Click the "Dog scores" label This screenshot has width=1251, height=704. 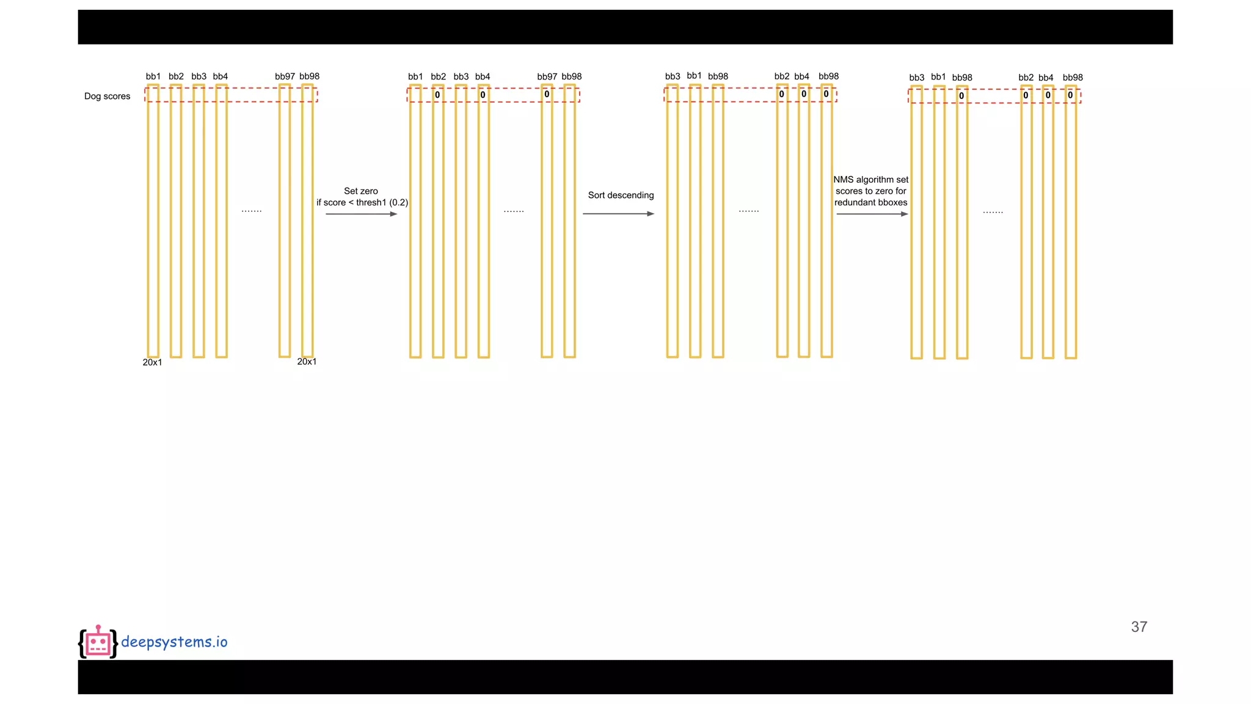[x=107, y=96]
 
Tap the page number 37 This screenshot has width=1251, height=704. [x=1139, y=626]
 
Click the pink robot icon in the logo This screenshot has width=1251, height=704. [x=98, y=642]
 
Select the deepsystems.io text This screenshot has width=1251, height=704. [x=174, y=642]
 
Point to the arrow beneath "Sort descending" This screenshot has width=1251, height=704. [x=618, y=214]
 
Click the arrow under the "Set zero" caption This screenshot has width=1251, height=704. [x=361, y=214]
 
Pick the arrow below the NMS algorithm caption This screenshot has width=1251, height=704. [x=872, y=214]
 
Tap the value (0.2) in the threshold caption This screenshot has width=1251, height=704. [x=398, y=202]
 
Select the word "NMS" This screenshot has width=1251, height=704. [x=844, y=180]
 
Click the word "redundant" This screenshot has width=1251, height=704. [x=855, y=202]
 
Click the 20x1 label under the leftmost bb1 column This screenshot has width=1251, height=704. [x=152, y=362]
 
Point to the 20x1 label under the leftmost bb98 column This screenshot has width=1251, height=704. [x=307, y=362]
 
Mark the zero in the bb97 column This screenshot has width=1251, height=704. [x=547, y=94]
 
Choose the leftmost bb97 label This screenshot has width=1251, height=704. [x=285, y=76]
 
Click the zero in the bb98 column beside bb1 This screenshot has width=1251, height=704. [x=961, y=96]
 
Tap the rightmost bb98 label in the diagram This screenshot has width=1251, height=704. [x=1073, y=78]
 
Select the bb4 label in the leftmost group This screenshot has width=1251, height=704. [x=221, y=76]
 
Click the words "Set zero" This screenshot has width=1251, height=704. [x=361, y=191]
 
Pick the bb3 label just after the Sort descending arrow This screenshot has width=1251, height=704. [x=673, y=76]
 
